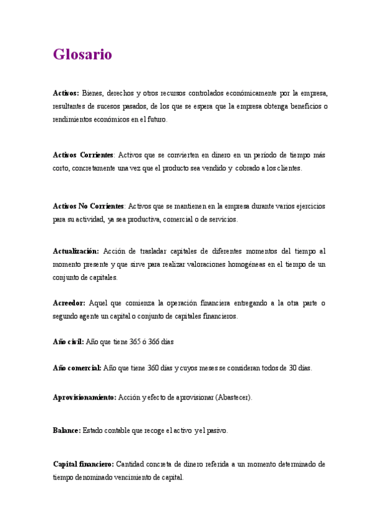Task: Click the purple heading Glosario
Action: click(x=82, y=55)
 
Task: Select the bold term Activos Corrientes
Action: click(x=84, y=155)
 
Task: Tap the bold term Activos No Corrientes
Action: click(x=89, y=206)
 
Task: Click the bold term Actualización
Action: click(x=76, y=251)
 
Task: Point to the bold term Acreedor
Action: click(x=69, y=303)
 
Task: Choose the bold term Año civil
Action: click(x=68, y=342)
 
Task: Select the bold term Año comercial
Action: click(x=77, y=368)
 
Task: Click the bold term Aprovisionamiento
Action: click(x=84, y=397)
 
